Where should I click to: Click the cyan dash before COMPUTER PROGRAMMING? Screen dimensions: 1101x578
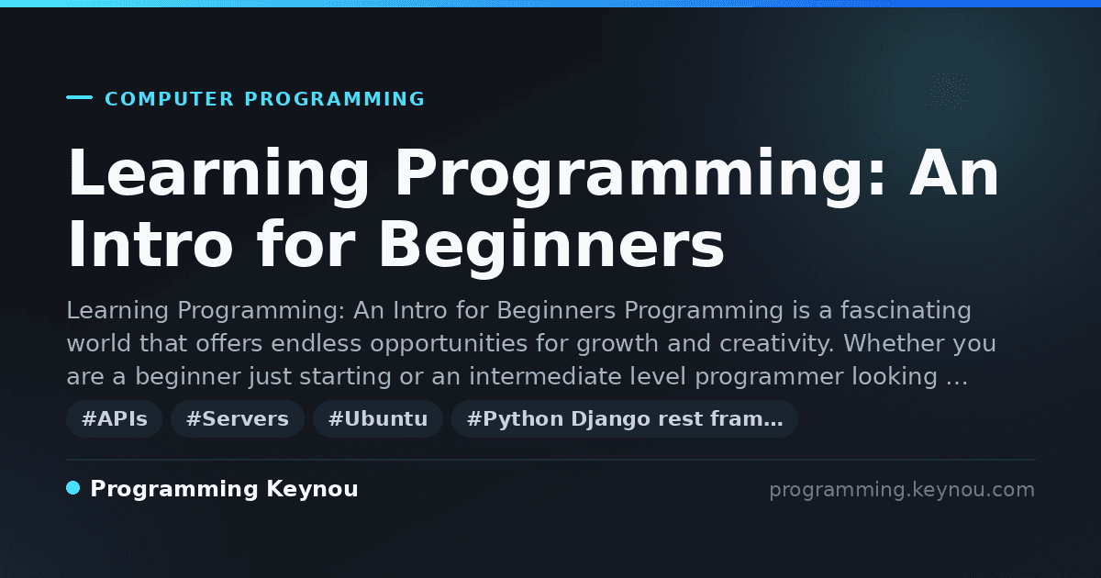pos(79,97)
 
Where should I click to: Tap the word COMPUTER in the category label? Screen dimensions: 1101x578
pos(170,99)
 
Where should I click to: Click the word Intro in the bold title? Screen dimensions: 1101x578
pos(150,244)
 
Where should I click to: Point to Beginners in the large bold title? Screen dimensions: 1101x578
pos(551,248)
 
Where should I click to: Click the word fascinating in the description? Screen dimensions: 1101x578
pos(906,311)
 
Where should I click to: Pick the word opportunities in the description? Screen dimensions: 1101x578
pos(449,344)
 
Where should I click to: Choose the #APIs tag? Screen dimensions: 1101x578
pos(115,418)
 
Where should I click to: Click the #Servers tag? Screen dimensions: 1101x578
pos(238,418)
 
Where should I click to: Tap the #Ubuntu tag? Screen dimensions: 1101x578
pos(378,418)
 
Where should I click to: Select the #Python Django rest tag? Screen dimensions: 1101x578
pos(625,418)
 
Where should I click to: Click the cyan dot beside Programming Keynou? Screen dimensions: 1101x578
pos(73,488)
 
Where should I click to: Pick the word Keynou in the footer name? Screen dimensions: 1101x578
pos(312,489)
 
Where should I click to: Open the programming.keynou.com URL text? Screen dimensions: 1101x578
pos(902,490)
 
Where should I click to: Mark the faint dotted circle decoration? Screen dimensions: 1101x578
pos(948,92)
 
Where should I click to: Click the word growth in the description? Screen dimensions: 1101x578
pos(617,344)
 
